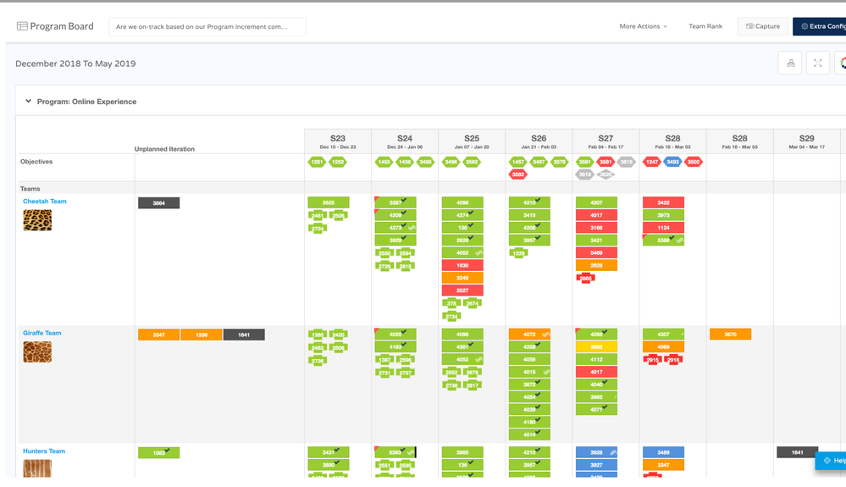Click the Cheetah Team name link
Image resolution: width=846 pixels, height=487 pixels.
click(45, 202)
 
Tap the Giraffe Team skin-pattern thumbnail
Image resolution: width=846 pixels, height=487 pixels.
click(37, 351)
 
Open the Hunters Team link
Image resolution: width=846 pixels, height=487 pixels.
click(44, 451)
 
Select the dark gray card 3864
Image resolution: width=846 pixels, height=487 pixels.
click(158, 203)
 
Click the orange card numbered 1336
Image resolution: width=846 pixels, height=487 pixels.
click(202, 335)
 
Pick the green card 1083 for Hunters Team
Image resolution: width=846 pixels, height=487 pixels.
click(158, 453)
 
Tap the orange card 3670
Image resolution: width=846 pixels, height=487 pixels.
click(730, 335)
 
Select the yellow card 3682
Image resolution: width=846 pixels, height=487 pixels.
click(596, 346)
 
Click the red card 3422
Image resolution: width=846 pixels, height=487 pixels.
click(663, 202)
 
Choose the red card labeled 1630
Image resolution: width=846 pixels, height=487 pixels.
click(462, 265)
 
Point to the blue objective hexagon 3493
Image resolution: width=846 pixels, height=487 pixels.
click(672, 162)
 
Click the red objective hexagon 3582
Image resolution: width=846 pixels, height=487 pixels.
click(517, 174)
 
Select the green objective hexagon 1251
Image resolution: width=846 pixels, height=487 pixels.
click(317, 162)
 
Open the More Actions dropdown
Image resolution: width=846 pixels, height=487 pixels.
click(643, 26)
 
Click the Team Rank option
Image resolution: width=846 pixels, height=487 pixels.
click(705, 26)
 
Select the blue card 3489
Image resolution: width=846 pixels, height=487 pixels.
click(663, 452)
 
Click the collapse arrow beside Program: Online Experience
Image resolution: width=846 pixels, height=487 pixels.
click(28, 102)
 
